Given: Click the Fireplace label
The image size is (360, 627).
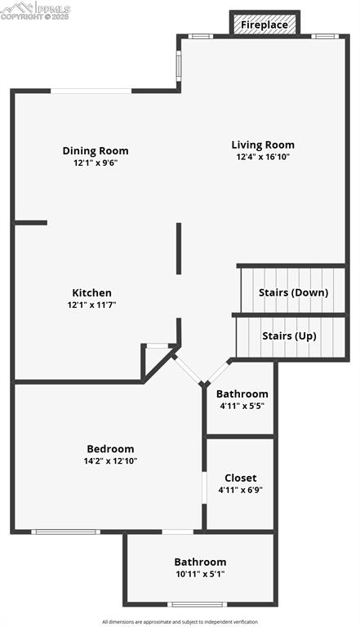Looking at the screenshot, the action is pyautogui.click(x=264, y=25).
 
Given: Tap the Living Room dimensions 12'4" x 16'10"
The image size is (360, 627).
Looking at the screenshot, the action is pyautogui.click(x=263, y=157).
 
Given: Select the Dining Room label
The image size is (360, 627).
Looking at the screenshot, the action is pyautogui.click(x=96, y=151).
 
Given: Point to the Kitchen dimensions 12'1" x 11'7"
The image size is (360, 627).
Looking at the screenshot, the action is pyautogui.click(x=92, y=305).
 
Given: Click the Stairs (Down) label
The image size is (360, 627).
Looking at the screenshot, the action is pyautogui.click(x=294, y=292).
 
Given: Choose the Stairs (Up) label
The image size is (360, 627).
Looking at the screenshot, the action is pyautogui.click(x=289, y=336).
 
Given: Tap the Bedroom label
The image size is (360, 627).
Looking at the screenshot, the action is pyautogui.click(x=110, y=449).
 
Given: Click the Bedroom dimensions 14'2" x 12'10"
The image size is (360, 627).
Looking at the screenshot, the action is pyautogui.click(x=110, y=460).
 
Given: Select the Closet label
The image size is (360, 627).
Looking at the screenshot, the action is pyautogui.click(x=240, y=478).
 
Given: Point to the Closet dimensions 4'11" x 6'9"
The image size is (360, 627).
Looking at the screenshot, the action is pyautogui.click(x=240, y=490).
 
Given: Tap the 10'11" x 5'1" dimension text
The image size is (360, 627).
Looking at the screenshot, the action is pyautogui.click(x=200, y=574).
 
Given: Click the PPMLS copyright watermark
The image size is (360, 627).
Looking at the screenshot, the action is pyautogui.click(x=35, y=11).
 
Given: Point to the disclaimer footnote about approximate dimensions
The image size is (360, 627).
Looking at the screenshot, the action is pyautogui.click(x=180, y=622).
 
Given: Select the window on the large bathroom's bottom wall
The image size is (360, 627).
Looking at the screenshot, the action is pyautogui.click(x=197, y=604).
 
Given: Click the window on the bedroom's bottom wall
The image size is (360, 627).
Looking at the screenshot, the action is pyautogui.click(x=65, y=531).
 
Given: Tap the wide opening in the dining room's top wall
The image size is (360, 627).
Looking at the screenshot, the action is pyautogui.click(x=91, y=91).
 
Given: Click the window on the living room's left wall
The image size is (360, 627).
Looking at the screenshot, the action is pyautogui.click(x=179, y=65).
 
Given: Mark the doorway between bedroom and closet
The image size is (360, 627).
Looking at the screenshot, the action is pyautogui.click(x=204, y=487).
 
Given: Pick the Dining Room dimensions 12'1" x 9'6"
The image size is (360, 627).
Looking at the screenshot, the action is pyautogui.click(x=96, y=163).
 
